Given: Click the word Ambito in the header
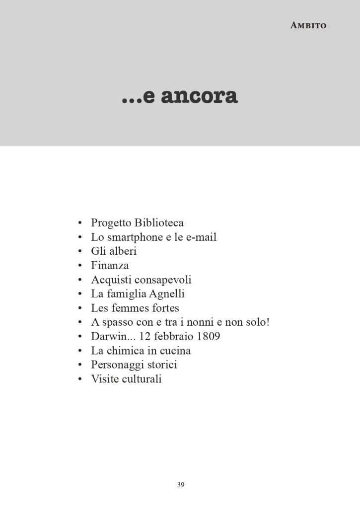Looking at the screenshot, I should (x=308, y=25).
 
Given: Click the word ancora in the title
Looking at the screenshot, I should (x=199, y=96).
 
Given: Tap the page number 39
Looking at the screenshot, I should (x=181, y=485).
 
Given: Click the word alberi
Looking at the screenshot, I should (x=123, y=251).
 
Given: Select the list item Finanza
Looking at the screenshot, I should (x=110, y=266).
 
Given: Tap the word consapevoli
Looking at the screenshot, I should (x=163, y=280).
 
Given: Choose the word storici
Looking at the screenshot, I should (x=160, y=365).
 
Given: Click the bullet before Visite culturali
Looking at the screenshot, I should (x=80, y=379).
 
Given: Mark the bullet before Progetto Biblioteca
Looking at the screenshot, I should (x=80, y=223).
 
